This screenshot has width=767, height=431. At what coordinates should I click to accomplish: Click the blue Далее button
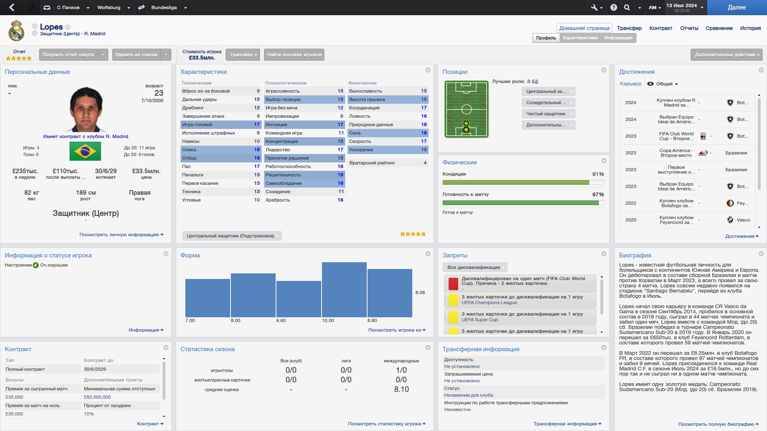pyautogui.click(x=736, y=8)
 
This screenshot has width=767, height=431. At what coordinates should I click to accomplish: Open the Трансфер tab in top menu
pyautogui.click(x=629, y=28)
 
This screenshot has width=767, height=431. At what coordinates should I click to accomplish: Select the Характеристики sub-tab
pyautogui.click(x=580, y=38)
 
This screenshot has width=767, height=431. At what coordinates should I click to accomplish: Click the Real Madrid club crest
pyautogui.click(x=16, y=31)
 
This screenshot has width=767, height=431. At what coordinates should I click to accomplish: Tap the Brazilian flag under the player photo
pyautogui.click(x=85, y=152)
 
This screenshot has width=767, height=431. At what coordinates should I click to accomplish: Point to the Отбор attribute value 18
pyautogui.click(x=256, y=158)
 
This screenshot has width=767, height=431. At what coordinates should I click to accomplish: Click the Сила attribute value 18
pyautogui.click(x=423, y=133)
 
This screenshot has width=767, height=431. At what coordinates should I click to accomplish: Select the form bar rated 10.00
pyautogui.click(x=344, y=290)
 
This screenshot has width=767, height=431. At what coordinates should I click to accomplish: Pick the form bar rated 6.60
pyautogui.click(x=298, y=299)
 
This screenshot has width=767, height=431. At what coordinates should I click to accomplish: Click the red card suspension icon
pyautogui.click(x=453, y=284)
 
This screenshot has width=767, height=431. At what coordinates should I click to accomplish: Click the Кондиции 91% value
pyautogui.click(x=598, y=174)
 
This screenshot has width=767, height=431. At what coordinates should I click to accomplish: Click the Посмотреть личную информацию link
pyautogui.click(x=121, y=235)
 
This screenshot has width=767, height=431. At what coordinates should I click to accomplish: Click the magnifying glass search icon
pyautogui.click(x=627, y=8)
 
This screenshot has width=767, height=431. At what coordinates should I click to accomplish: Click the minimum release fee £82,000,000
pyautogui.click(x=97, y=397)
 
